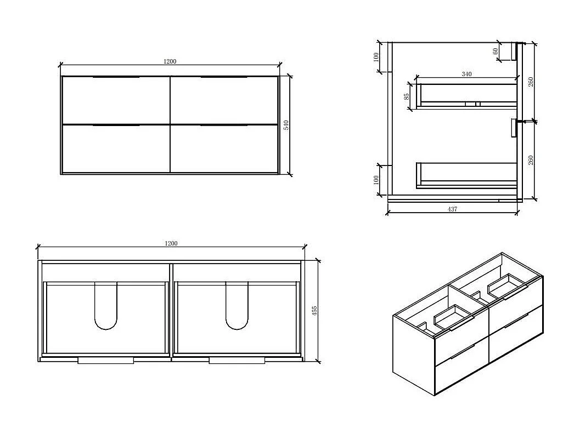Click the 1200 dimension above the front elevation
[170, 61]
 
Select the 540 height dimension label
[286, 125]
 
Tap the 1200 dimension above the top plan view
[171, 243]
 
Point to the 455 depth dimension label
[315, 311]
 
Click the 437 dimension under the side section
[452, 209]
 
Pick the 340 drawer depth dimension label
[466, 74]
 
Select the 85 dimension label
[407, 96]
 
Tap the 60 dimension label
[495, 52]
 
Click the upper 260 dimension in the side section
[531, 82]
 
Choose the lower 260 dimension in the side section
[531, 161]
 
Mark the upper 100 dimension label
[376, 57]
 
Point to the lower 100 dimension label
[376, 180]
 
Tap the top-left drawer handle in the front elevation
[116, 77]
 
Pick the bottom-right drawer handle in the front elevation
[224, 125]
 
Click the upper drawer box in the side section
[467, 106]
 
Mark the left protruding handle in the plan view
[106, 361]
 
